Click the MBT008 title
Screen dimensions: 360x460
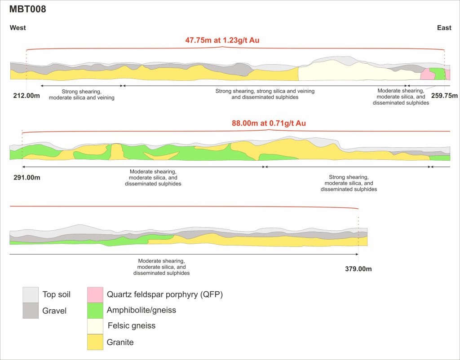[x=28, y=9]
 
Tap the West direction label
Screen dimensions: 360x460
[x=18, y=28]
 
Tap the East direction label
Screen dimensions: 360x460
[x=444, y=28]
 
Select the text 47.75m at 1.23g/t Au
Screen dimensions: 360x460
[x=222, y=40]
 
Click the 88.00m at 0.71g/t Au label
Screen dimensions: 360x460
[x=269, y=123]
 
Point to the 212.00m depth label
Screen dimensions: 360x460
[x=27, y=96]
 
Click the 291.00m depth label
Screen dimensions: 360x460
[x=27, y=177]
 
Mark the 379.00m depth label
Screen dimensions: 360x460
[x=358, y=269]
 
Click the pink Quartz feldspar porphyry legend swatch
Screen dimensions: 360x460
[x=95, y=294]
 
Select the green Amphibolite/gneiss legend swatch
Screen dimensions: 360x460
[x=95, y=310]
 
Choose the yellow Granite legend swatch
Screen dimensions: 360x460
[x=95, y=342]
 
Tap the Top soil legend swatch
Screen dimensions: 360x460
[x=31, y=295]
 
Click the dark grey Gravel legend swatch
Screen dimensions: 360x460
[x=31, y=310]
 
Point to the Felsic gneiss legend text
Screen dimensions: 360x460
[x=131, y=326]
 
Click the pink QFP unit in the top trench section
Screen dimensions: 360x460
[x=426, y=75]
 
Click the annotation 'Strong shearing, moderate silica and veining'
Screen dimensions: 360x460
[x=82, y=94]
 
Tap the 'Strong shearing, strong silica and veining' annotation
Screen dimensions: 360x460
[x=265, y=94]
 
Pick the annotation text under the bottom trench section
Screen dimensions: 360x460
[x=161, y=267]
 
